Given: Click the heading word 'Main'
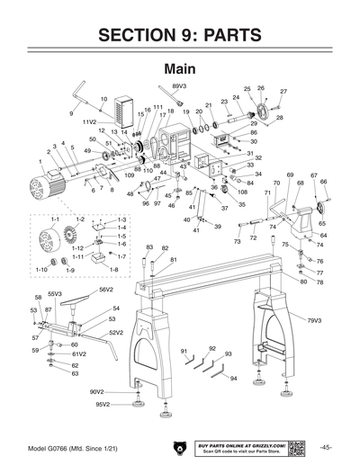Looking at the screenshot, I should coord(179,68).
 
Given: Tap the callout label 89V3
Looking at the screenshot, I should coord(179,85).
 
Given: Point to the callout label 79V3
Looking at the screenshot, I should coord(314,320).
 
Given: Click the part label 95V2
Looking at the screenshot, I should coord(103,405).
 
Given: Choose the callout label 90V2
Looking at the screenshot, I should coord(97,391).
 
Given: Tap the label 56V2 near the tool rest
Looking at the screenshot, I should coord(106,290).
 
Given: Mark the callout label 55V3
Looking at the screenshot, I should coord(55,293).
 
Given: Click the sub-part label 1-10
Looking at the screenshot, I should coord(41,269).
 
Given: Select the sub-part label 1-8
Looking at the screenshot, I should coord(113,269).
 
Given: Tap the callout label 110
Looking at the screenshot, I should coord(148,170).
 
